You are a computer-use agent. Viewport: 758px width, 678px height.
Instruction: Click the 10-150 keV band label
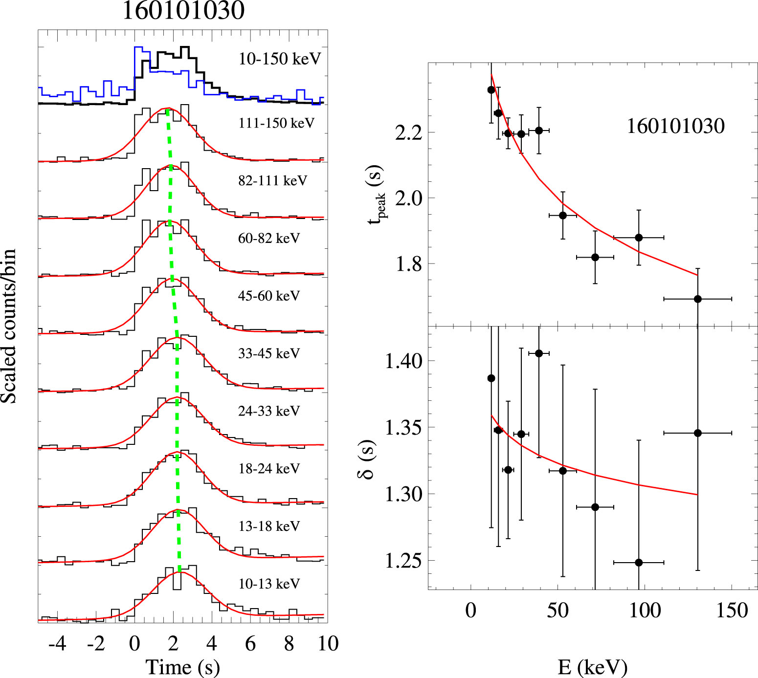[x=279, y=59]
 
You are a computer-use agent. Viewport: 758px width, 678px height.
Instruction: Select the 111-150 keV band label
[x=276, y=123]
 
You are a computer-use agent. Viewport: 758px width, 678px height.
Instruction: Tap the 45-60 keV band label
[x=268, y=296]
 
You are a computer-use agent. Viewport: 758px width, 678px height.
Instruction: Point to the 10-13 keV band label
[x=269, y=584]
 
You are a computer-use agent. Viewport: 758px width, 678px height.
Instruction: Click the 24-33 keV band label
[x=268, y=412]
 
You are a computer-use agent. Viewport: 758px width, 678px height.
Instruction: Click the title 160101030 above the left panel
[x=183, y=11]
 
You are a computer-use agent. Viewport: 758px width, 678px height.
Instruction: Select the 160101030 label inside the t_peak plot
[x=675, y=127]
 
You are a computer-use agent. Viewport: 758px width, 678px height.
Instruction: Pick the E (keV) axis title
[x=592, y=667]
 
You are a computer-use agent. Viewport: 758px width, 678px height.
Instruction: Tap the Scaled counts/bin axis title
[x=9, y=326]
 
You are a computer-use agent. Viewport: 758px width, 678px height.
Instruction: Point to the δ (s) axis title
[x=368, y=460]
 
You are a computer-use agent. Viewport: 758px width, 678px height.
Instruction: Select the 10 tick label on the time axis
[x=328, y=644]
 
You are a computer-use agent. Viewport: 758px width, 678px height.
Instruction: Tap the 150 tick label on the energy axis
[x=732, y=611]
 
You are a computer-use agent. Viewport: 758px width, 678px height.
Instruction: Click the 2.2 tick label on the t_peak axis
[x=408, y=133]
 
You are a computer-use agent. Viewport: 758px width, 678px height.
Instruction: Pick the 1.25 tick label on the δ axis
[x=403, y=561]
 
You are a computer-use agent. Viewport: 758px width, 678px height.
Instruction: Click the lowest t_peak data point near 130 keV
[x=697, y=299]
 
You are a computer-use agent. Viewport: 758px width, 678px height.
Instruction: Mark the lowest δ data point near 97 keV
[x=638, y=563]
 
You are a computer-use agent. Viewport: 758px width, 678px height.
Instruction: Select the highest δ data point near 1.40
[x=539, y=353]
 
